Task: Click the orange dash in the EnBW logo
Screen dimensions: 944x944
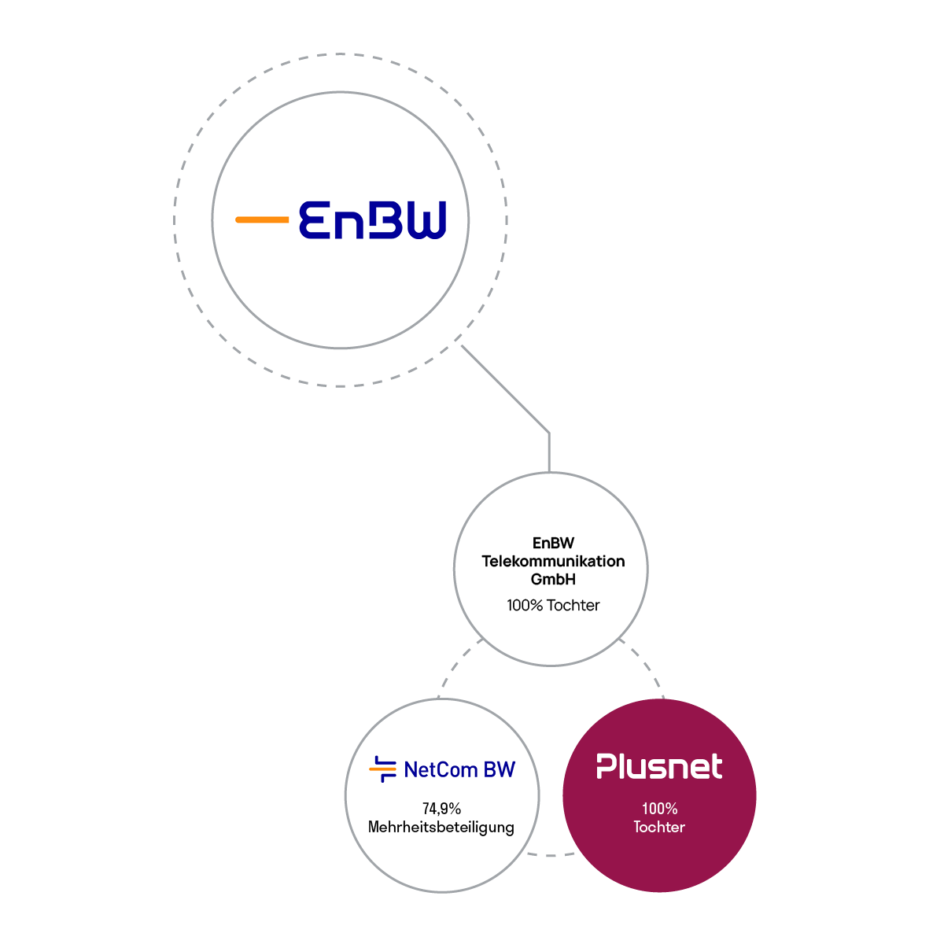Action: pyautogui.click(x=262, y=219)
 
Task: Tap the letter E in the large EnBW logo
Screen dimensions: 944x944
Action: pyautogui.click(x=315, y=220)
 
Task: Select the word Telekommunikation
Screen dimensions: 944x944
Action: pyautogui.click(x=553, y=561)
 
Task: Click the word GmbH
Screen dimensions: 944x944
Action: pyautogui.click(x=553, y=579)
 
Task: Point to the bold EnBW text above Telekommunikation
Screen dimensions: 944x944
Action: pyautogui.click(x=553, y=543)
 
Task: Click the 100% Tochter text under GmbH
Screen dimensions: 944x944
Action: pyautogui.click(x=553, y=605)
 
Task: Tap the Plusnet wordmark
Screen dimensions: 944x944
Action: pyautogui.click(x=659, y=766)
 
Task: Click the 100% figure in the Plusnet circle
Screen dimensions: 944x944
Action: pyautogui.click(x=659, y=809)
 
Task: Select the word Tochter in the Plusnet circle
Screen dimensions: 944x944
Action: pyautogui.click(x=659, y=827)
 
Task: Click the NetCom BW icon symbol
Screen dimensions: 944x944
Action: pyautogui.click(x=383, y=769)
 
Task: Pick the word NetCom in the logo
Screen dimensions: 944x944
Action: pyautogui.click(x=441, y=769)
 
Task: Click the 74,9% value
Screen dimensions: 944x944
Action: pyautogui.click(x=441, y=809)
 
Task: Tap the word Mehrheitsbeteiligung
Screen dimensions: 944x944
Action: pyautogui.click(x=441, y=828)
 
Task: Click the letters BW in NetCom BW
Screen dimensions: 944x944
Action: pyautogui.click(x=500, y=769)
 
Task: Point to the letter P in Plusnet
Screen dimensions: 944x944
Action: pyautogui.click(x=607, y=766)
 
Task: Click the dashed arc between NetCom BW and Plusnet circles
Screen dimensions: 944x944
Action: pyautogui.click(x=551, y=854)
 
